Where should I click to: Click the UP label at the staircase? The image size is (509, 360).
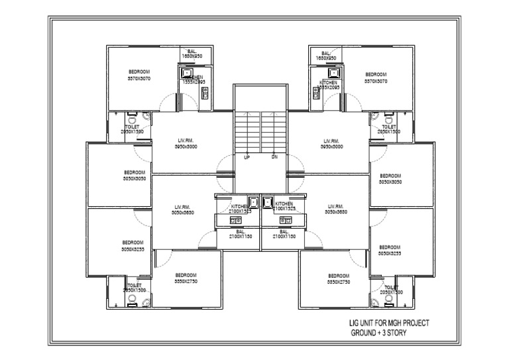click(x=247, y=158)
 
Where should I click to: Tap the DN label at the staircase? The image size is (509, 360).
click(x=274, y=158)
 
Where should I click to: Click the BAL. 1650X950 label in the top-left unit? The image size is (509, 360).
click(x=192, y=54)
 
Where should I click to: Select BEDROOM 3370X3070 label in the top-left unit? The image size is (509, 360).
click(x=139, y=74)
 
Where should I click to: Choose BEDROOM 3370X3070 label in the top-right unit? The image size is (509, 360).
click(x=376, y=78)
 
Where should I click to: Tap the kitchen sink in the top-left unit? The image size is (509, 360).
click(x=188, y=73)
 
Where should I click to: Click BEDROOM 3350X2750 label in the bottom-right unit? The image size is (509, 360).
click(x=339, y=278)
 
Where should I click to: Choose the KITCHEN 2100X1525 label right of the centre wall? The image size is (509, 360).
click(x=284, y=206)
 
